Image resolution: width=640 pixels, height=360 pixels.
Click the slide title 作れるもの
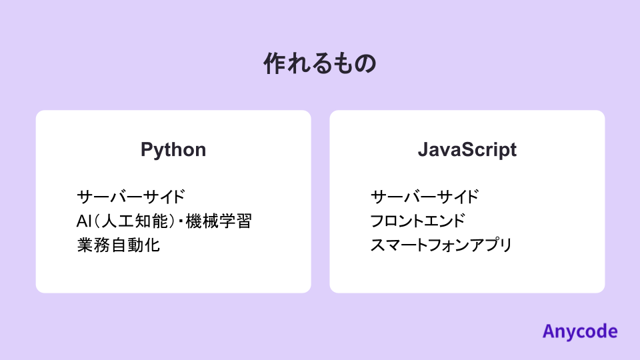coord(320,64)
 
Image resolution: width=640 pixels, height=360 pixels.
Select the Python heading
coord(173,149)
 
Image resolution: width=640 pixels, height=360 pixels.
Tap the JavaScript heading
coord(467,149)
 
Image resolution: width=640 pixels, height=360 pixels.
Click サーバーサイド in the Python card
coord(131,197)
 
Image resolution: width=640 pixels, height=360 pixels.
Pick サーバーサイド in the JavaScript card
coord(425,197)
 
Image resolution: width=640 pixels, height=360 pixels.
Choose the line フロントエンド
coord(417,221)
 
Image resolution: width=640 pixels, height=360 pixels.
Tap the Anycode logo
coord(579,331)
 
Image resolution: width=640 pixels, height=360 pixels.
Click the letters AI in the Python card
coord(83,221)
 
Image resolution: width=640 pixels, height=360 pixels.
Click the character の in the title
coord(365,64)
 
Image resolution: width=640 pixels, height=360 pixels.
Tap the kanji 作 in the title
coord(275,64)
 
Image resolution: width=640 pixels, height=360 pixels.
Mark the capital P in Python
coord(146,149)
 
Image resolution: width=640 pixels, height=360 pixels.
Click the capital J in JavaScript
coord(422,149)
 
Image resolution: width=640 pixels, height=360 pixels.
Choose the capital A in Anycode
coord(548,331)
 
